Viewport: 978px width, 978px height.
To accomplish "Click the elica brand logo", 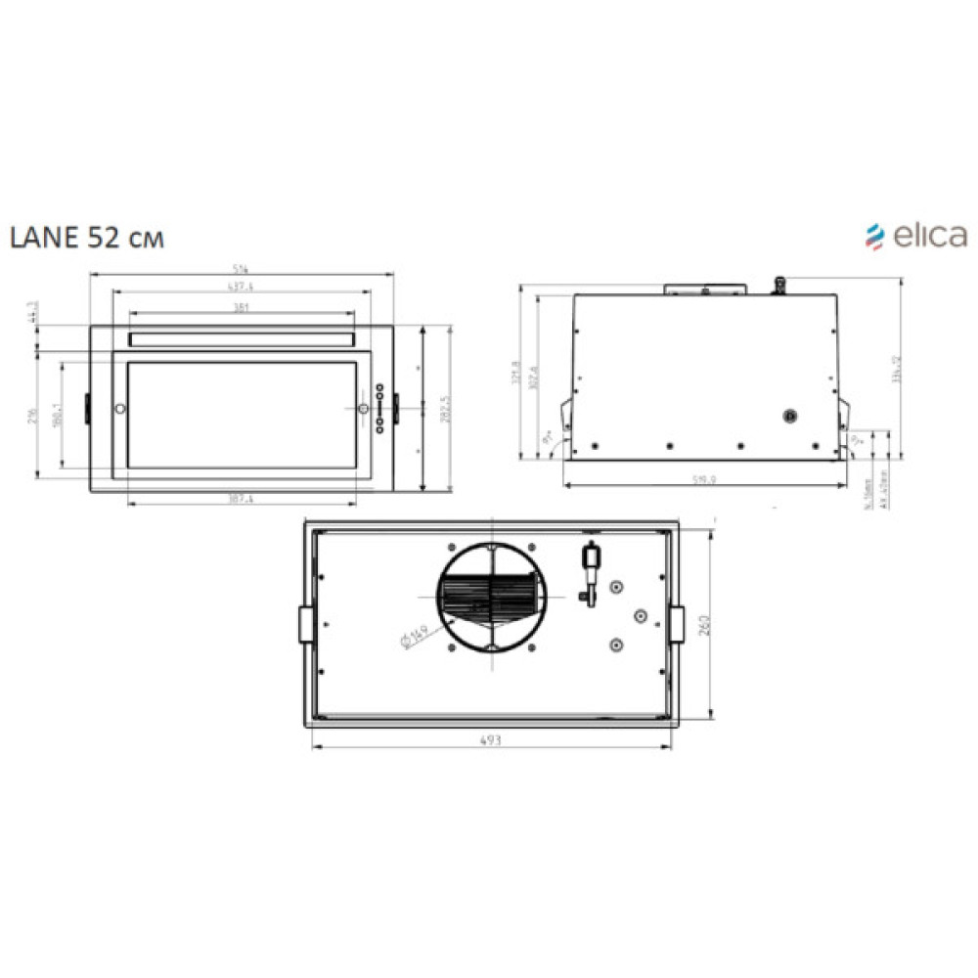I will (915, 235).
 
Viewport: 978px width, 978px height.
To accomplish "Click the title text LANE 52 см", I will (86, 238).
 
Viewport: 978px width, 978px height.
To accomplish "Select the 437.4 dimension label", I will (240, 288).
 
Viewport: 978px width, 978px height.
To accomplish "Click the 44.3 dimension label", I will (33, 311).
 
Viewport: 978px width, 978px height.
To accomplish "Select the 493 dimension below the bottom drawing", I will (491, 741).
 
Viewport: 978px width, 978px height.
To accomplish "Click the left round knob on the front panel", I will (119, 408).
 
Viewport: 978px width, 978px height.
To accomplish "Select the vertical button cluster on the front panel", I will (379, 405).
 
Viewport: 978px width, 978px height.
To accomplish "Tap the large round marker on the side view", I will (790, 416).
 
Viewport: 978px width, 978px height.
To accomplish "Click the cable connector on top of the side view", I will (780, 284).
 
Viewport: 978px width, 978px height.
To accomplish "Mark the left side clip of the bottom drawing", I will (305, 624).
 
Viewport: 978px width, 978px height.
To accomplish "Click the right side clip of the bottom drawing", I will (676, 624).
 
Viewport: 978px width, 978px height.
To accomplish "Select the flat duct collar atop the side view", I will (704, 289).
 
